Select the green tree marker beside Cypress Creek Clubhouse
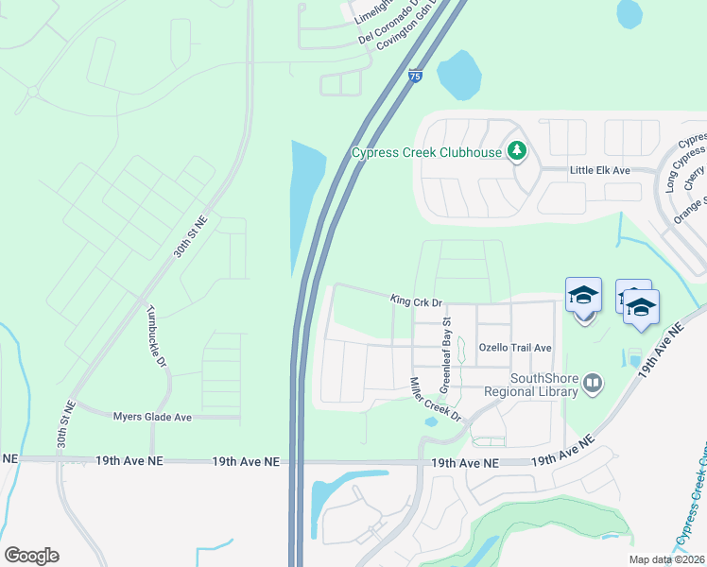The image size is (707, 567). [x=516, y=150]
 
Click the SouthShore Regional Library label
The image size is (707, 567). [x=530, y=385]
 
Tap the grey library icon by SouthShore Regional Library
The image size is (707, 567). [x=592, y=383]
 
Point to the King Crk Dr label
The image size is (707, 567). [x=416, y=301]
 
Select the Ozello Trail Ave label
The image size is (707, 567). [x=515, y=348]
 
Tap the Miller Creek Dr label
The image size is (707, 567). [x=434, y=400]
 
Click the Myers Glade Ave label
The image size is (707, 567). [x=152, y=417]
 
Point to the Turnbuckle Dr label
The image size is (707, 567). [x=156, y=335]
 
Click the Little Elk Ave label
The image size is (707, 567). [x=599, y=170]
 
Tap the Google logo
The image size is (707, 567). [x=32, y=556]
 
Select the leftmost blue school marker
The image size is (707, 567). [x=583, y=296]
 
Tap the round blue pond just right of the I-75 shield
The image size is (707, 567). [x=457, y=74]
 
